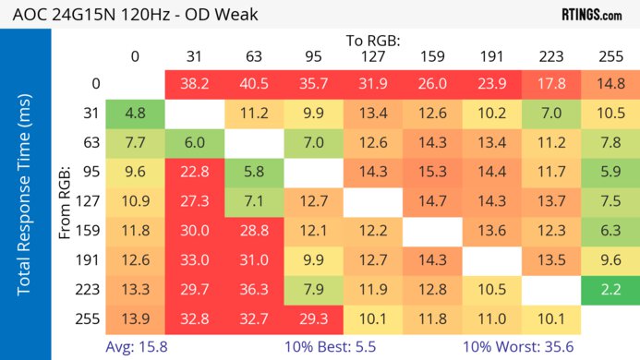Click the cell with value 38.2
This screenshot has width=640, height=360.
[x=194, y=84]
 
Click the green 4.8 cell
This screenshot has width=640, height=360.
[x=135, y=114]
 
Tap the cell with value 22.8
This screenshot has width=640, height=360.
[x=194, y=173]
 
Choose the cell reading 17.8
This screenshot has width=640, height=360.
[x=550, y=84]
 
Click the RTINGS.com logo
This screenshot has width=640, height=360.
[x=591, y=15]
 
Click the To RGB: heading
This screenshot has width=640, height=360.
[x=373, y=41]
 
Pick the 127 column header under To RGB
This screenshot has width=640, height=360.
[x=372, y=56]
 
